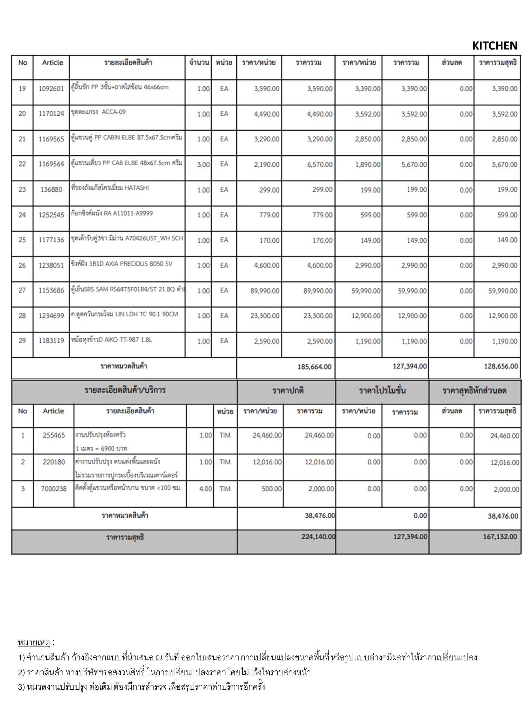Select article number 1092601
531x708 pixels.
point(51,89)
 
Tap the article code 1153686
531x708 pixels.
point(51,291)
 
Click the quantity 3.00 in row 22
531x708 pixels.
point(203,165)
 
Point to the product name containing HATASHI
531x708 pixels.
point(110,188)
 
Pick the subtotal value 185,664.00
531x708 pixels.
point(314,367)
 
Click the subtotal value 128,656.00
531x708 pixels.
point(501,366)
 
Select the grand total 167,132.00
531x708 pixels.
point(500,537)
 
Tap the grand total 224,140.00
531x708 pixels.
point(318,537)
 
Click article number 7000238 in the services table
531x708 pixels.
point(54,489)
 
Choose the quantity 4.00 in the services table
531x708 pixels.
point(206,489)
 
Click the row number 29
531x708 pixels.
point(22,341)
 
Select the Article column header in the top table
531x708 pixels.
point(53,63)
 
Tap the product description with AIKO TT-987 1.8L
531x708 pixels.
point(111,340)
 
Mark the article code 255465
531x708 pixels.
point(54,436)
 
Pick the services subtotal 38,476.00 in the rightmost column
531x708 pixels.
point(503,516)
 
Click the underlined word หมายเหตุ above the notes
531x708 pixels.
point(34,643)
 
